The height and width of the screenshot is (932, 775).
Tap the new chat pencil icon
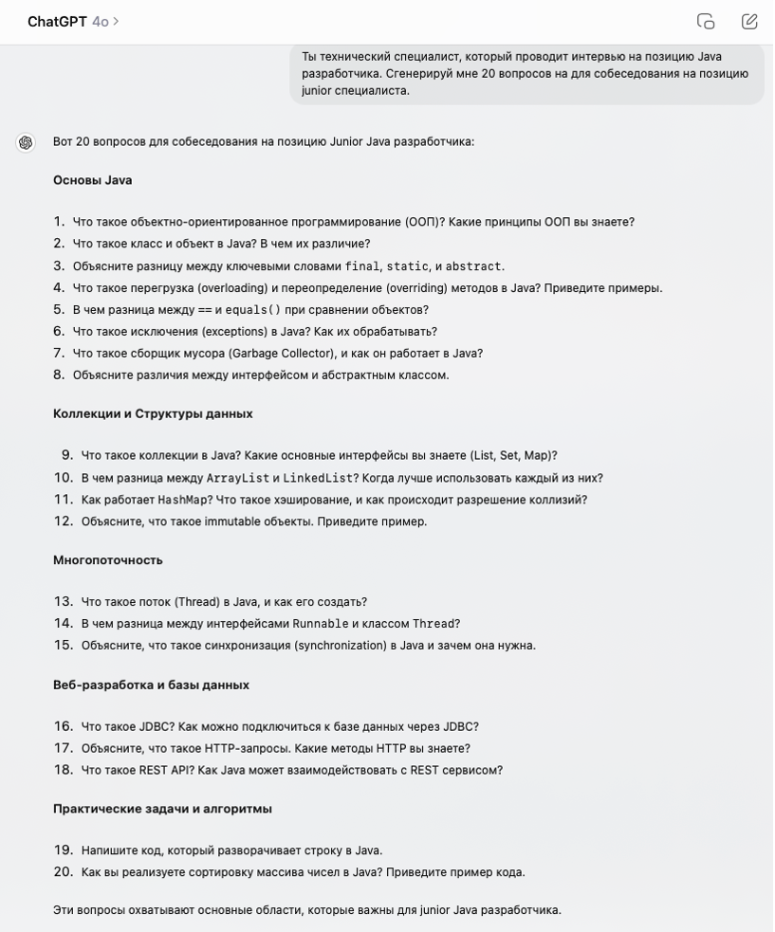749,21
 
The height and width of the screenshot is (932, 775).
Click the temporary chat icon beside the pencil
706,21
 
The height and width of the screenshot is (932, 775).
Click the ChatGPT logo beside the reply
26,142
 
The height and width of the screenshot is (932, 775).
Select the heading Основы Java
93,180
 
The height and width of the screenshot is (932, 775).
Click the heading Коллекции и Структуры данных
153,413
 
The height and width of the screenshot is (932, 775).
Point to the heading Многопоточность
108,559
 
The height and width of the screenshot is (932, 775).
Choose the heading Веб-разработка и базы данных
151,685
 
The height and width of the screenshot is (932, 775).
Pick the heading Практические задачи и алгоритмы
162,809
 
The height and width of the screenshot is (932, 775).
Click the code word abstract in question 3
473,266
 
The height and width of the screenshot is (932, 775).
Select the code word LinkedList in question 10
318,478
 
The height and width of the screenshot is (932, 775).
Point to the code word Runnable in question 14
320,624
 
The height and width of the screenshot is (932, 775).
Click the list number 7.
59,353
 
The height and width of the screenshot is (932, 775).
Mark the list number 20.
63,871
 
